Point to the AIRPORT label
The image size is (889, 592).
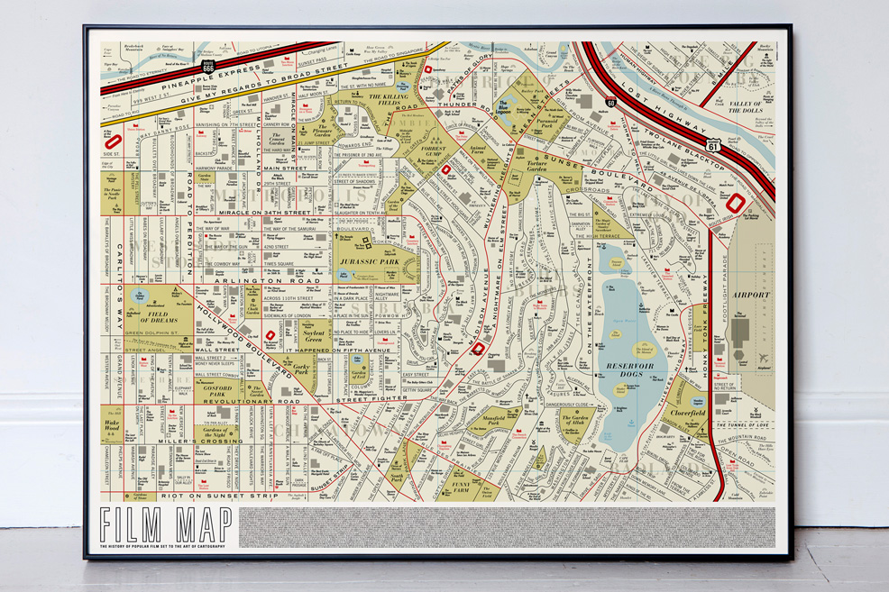(x=751, y=295)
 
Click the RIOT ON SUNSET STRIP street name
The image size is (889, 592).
(x=209, y=496)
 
